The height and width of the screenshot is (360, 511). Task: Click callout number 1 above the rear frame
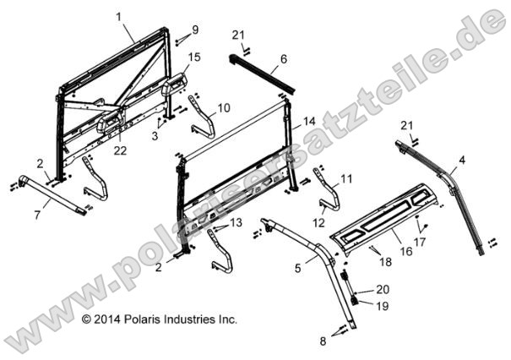tap(119, 17)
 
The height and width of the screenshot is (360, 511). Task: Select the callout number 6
tap(284, 58)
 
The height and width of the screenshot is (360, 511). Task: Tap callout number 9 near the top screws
tap(195, 30)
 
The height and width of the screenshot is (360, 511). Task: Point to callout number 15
tap(194, 57)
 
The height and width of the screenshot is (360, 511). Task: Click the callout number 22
tap(120, 150)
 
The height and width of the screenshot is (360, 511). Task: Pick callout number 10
tap(224, 108)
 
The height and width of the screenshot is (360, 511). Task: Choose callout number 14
tap(308, 121)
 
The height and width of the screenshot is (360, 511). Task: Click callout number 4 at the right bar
tap(462, 159)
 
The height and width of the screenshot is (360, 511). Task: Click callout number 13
tap(236, 221)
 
